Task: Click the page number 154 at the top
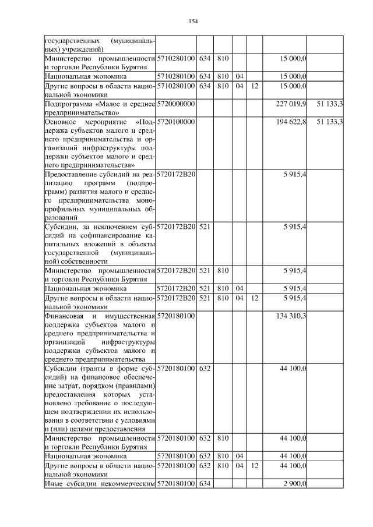(193, 22)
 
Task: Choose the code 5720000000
(175, 103)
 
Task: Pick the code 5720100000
(175, 121)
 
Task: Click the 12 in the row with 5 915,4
(254, 298)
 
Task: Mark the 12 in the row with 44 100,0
(254, 466)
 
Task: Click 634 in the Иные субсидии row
(205, 483)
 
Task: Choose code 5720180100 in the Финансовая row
(175, 315)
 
